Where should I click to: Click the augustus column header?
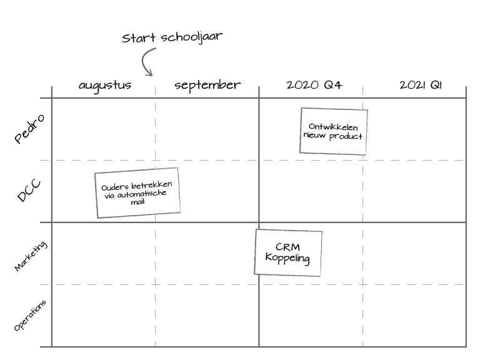point(105,86)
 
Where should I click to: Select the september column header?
point(207,86)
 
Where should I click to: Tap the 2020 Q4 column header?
point(314,86)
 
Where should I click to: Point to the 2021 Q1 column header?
point(420,86)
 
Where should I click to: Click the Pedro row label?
point(29,129)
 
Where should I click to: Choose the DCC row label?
point(29,191)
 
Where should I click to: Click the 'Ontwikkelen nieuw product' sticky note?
point(333,131)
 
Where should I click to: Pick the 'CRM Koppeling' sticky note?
point(288,252)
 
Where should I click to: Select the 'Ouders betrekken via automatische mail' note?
point(137,192)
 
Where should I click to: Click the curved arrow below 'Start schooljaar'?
point(146,62)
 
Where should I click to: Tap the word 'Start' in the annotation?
point(139,39)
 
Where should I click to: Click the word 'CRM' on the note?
point(287,247)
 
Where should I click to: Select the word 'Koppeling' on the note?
point(287,257)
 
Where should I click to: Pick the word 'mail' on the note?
point(137,202)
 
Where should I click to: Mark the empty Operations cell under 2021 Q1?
point(414,316)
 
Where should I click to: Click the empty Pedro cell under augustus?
point(103,129)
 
